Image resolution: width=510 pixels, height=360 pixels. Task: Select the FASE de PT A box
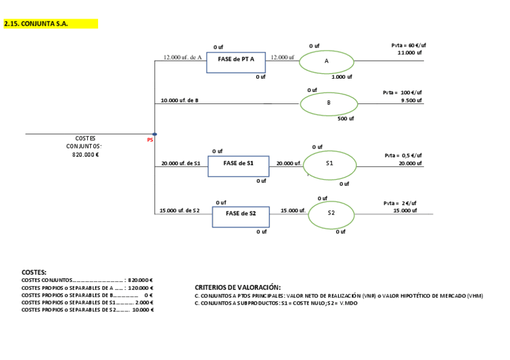236,62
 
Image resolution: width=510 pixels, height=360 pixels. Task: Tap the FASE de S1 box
238,166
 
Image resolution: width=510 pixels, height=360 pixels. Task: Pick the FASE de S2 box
241,216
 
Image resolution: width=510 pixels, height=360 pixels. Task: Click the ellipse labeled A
327,61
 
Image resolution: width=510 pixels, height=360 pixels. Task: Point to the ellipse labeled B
328,103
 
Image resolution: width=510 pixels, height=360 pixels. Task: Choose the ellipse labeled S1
330,165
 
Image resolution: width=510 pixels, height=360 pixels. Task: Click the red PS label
150,141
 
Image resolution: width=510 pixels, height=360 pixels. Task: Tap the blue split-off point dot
155,134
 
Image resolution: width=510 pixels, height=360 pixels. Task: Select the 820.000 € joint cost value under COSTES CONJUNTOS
85,154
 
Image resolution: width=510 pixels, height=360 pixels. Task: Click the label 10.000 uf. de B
179,100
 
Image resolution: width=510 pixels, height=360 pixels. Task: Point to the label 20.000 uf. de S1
180,163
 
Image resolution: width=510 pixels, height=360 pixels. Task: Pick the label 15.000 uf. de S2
179,210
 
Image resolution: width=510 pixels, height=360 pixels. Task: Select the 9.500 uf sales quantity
411,100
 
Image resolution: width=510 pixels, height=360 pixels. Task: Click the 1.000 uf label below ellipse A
342,77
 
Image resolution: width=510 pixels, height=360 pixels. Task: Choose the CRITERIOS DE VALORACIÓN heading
238,287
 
